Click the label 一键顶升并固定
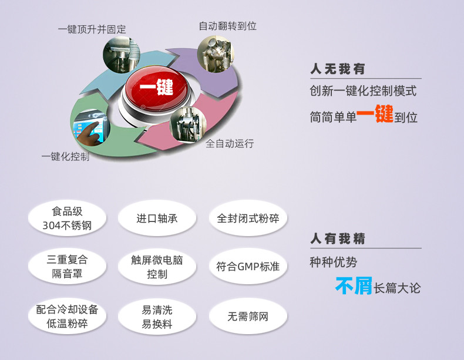[92, 29]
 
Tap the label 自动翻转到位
[227, 26]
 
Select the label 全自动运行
[230, 143]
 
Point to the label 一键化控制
[65, 156]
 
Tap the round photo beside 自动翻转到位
[216, 54]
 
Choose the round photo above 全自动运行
[188, 125]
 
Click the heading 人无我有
[338, 69]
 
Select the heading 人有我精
[338, 238]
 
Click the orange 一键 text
[375, 113]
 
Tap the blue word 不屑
[354, 285]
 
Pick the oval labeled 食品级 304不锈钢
[67, 218]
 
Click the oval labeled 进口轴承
[157, 218]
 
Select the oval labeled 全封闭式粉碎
[248, 218]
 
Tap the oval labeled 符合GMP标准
[248, 266]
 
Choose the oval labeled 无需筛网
[248, 316]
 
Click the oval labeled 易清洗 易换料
[157, 317]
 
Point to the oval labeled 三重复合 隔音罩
[67, 266]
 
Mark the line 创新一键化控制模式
[363, 91]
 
